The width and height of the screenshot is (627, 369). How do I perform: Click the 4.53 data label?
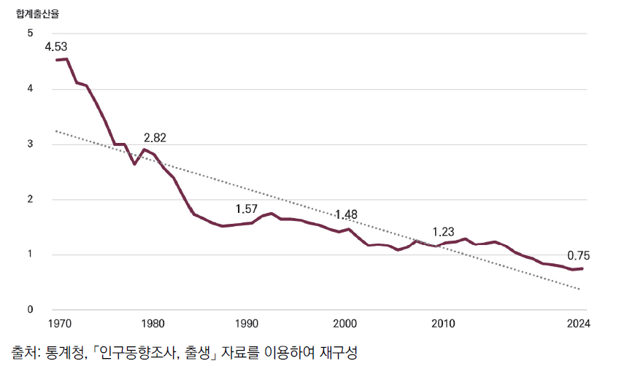point(56,46)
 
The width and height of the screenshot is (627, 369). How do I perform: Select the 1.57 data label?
point(247,209)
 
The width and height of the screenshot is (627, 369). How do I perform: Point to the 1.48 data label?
point(346,214)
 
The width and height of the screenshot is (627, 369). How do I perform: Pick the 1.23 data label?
point(444,232)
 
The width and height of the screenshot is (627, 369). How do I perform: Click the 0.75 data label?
point(577,255)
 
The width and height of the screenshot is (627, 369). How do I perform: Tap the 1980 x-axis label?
point(152,323)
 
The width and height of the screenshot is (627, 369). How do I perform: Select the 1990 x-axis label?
point(247,323)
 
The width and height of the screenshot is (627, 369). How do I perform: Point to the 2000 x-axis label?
point(345,323)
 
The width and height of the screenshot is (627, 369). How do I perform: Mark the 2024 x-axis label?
point(577,323)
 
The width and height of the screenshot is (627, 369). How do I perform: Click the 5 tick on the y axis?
point(30,34)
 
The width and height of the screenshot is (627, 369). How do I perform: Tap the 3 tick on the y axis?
point(30,144)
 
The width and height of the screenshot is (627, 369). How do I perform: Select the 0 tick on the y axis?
point(30,310)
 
